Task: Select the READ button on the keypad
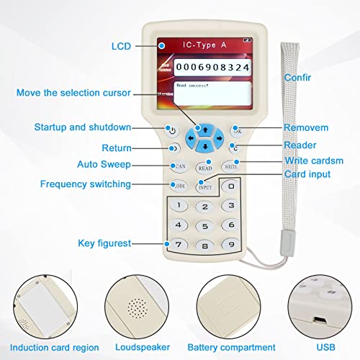(x=204, y=167)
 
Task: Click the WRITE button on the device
(x=230, y=166)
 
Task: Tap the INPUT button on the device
(x=204, y=186)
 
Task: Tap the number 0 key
(x=230, y=186)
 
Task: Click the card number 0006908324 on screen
(x=204, y=67)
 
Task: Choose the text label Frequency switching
(x=86, y=184)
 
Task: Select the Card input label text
(x=307, y=174)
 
